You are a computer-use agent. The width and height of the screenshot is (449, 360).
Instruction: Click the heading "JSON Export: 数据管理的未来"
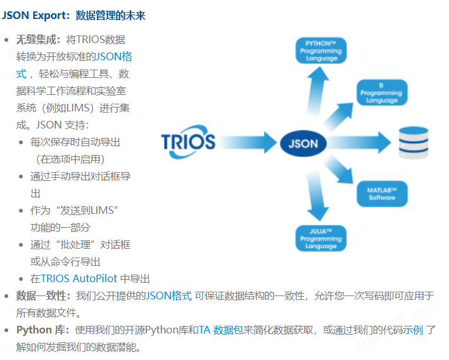[73, 15]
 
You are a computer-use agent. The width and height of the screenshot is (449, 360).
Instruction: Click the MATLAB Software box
[382, 194]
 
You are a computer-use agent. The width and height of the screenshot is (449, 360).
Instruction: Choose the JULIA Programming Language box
[320, 239]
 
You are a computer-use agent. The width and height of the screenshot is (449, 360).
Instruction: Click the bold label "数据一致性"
[44, 295]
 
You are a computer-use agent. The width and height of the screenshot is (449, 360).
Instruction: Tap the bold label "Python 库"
[43, 330]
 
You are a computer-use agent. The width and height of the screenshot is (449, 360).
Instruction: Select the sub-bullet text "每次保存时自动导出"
[75, 142]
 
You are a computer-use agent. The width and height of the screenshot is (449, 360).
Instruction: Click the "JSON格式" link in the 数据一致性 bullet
[168, 295]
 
